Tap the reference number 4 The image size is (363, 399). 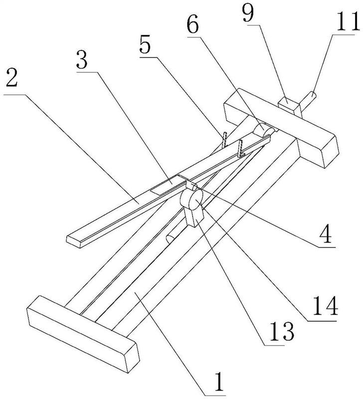point(327,233)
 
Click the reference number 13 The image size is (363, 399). point(281,331)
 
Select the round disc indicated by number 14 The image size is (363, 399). point(191,199)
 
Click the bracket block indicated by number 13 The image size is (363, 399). point(195,217)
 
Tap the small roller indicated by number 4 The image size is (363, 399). point(191,185)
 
